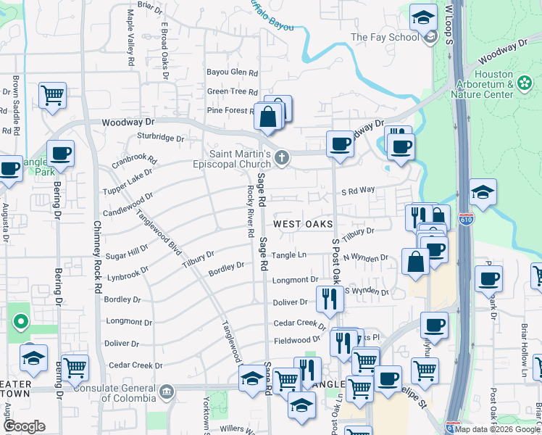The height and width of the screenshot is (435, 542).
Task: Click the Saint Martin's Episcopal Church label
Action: coord(240,159)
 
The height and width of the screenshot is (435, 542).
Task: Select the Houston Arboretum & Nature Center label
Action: coord(483,84)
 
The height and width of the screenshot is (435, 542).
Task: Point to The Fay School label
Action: coord(385,37)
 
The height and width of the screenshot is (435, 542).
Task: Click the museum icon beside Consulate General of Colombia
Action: coord(167,392)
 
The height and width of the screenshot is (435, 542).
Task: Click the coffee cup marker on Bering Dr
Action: coord(61,154)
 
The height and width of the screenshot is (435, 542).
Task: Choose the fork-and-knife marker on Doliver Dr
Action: coord(329,297)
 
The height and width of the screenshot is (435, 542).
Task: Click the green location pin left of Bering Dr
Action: coord(21,320)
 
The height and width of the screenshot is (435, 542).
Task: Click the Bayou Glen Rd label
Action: coord(233,72)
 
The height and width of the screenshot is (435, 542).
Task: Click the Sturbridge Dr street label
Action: coord(160,137)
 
